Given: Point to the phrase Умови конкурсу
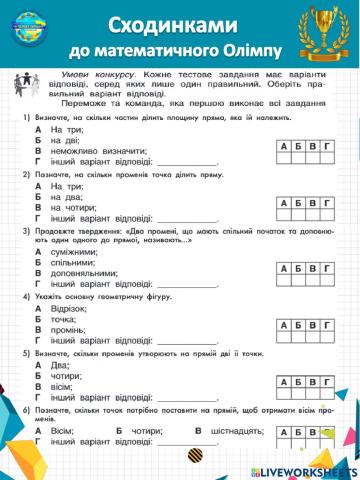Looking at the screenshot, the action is (88, 76).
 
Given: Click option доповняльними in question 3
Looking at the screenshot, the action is (90, 274).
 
